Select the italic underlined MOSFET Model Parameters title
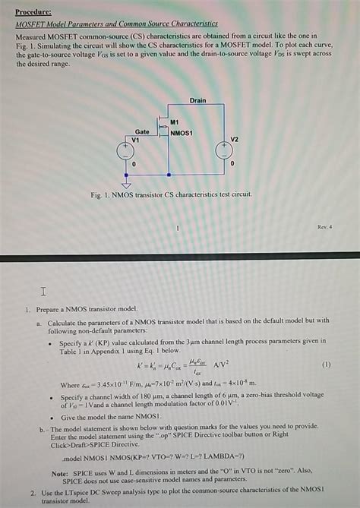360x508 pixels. [116, 24]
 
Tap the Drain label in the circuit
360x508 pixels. [197, 100]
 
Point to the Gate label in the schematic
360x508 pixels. [142, 131]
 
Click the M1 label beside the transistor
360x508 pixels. [174, 121]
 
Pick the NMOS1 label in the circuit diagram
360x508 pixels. [182, 133]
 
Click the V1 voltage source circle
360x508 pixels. [126, 150]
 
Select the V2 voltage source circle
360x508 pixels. [223, 150]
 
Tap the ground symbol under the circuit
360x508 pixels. [126, 183]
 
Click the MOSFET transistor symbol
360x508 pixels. [160, 124]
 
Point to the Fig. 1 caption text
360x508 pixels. [171, 195]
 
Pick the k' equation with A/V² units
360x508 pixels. [182, 365]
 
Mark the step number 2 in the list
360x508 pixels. [33, 493]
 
